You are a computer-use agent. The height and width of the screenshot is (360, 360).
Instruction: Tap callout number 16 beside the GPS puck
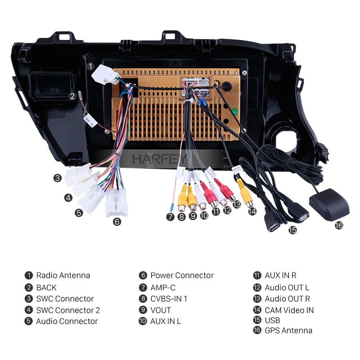point(339,225)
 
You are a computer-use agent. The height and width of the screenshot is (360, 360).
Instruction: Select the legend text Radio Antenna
point(63,275)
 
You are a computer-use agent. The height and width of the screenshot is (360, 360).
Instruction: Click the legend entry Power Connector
point(182,275)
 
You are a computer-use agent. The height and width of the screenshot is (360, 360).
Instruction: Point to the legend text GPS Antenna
point(288,330)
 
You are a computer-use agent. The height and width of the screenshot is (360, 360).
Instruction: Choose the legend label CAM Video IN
point(289,310)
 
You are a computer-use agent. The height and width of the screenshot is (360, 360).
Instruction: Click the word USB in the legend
point(272,320)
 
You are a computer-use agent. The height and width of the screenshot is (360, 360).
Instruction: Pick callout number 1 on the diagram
point(90,66)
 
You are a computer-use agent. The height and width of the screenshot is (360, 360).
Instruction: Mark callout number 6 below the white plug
point(117,221)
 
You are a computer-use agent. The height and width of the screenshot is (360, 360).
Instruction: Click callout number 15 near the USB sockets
point(293,230)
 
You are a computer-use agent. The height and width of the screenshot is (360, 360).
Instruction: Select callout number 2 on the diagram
point(72,95)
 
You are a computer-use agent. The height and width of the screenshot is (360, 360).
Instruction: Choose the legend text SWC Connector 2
point(68,310)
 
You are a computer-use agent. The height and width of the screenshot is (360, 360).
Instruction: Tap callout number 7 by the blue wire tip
point(170,216)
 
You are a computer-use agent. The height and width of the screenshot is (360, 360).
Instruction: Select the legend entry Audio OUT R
point(288,298)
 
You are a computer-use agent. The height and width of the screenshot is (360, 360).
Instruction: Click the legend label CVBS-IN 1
point(169,298)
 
